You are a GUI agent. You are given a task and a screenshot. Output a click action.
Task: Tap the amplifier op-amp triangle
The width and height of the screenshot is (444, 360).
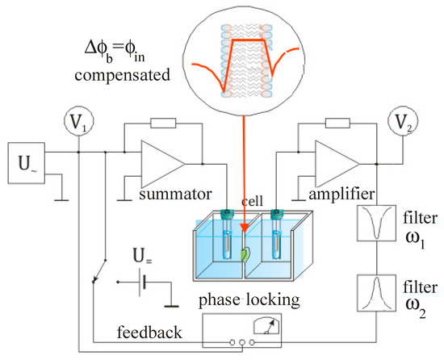coord(334,161)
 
